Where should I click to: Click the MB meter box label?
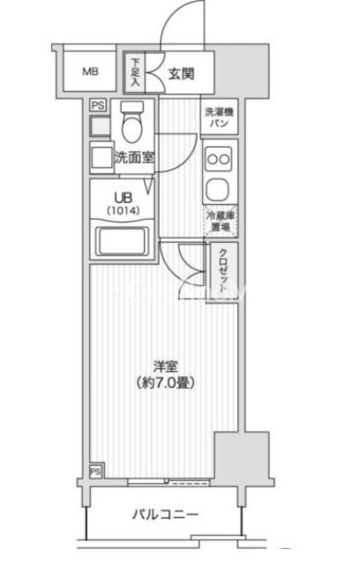coord(90,71)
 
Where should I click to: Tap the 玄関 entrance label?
coord(181,74)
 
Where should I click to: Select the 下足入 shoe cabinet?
coord(135,72)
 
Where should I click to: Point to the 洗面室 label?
coord(134,158)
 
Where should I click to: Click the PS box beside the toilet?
coord(98,105)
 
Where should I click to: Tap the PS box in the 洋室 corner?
coord(95,471)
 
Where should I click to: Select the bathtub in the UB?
coord(122,241)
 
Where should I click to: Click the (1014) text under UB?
coord(124,211)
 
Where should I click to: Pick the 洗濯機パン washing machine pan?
coord(219,117)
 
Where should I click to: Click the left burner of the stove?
coord(213,160)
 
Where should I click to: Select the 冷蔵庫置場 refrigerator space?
coord(220,221)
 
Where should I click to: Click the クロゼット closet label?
coord(223,272)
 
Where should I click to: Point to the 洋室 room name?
coord(166,366)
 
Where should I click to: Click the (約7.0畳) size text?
coord(165,382)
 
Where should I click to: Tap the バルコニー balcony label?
coord(165,514)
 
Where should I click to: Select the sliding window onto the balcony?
coord(169,482)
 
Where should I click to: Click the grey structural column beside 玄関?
coord(242,71)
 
